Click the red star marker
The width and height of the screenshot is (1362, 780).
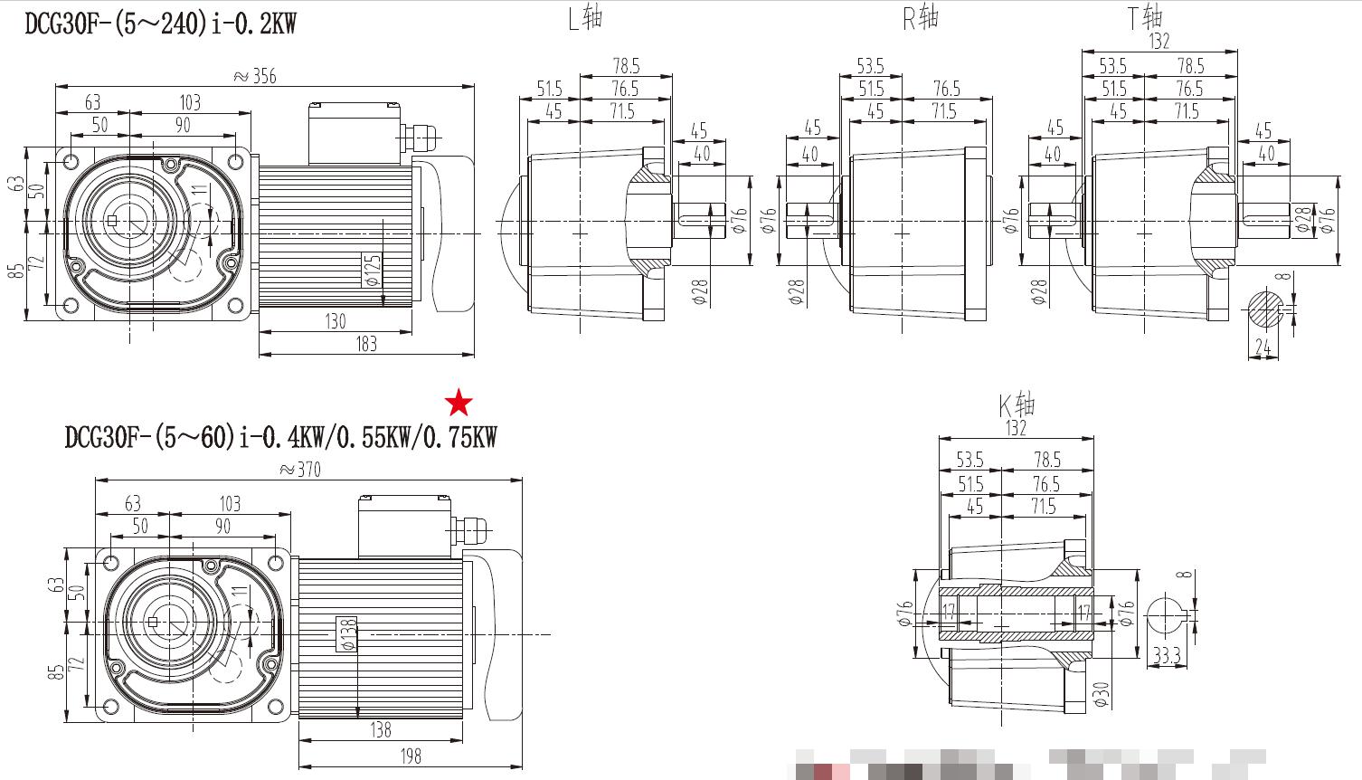click(x=459, y=403)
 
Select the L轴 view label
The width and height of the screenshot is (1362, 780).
click(x=585, y=17)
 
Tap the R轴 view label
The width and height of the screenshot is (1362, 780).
click(x=921, y=17)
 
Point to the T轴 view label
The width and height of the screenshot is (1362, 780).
click(x=1144, y=16)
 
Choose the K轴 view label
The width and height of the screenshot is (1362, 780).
click(x=1017, y=404)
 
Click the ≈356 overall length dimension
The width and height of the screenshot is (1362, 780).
click(x=255, y=76)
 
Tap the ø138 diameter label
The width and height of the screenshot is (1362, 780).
click(x=346, y=634)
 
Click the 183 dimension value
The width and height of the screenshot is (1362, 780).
click(x=366, y=344)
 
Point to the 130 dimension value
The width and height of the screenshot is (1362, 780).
click(x=335, y=321)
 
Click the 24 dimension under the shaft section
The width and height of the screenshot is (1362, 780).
click(x=1263, y=347)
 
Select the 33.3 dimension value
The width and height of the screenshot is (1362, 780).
click(x=1167, y=656)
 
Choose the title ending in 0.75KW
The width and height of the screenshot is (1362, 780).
click(x=280, y=438)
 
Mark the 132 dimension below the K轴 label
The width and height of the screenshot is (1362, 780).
click(x=1017, y=427)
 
